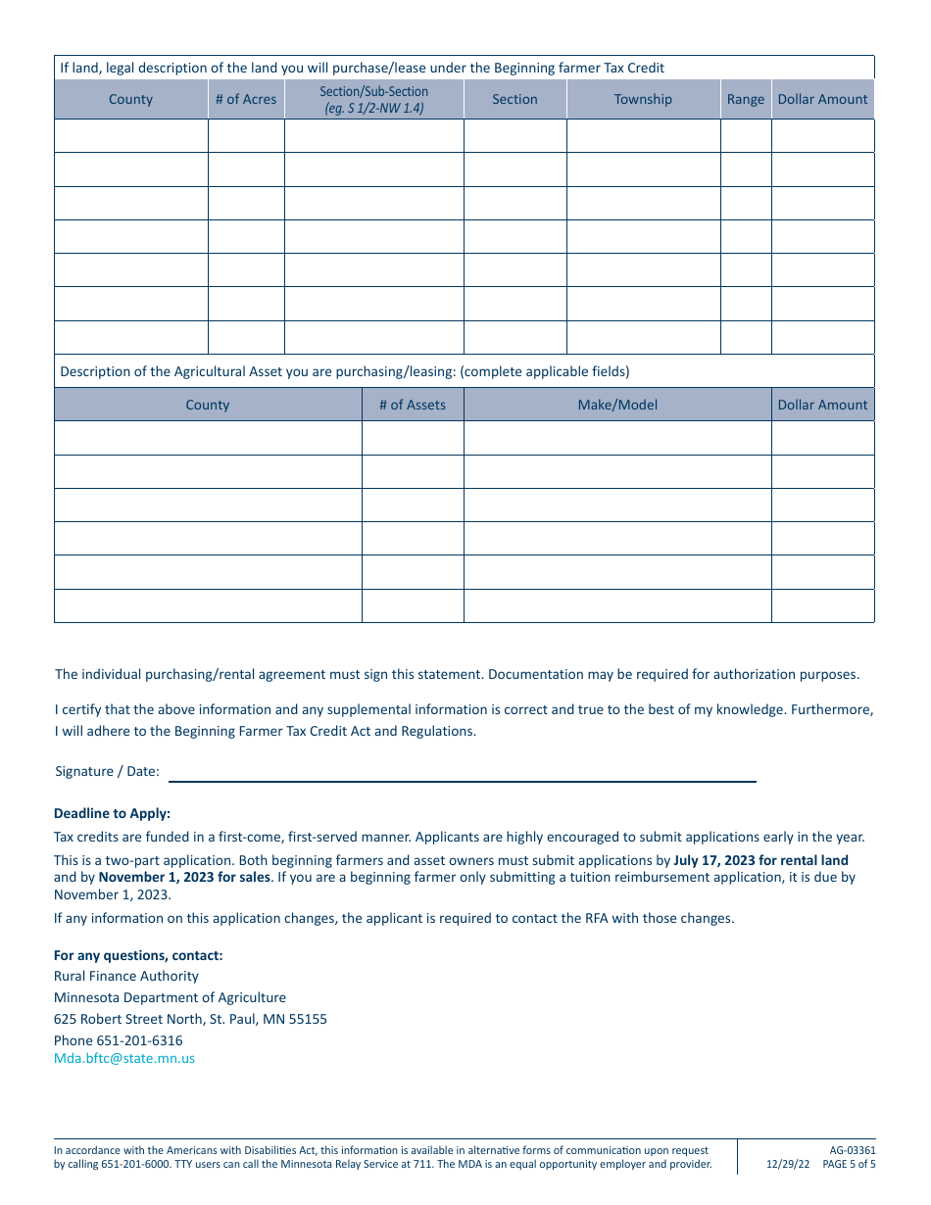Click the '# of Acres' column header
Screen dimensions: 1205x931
[x=246, y=99]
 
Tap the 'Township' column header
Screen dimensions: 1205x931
[x=643, y=99]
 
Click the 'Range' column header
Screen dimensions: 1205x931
[x=746, y=99]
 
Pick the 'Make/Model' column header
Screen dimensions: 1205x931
[x=617, y=405]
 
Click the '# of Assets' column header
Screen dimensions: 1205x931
[x=413, y=405]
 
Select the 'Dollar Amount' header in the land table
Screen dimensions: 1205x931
[x=822, y=99]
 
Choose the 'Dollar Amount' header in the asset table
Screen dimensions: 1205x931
[x=822, y=405]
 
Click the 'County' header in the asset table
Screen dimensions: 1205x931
[x=208, y=405]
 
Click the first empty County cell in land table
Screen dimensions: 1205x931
[x=131, y=135]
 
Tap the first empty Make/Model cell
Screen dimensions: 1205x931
[x=617, y=438]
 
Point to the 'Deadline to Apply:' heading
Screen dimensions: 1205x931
[x=112, y=813]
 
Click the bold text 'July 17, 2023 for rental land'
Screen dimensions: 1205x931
[x=760, y=860]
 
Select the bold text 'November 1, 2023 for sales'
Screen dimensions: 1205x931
[x=184, y=877]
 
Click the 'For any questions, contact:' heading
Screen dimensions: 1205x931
[x=138, y=955]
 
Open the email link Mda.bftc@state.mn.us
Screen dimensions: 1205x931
[x=124, y=1058]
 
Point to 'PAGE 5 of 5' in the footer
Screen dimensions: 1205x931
[x=849, y=1165]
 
